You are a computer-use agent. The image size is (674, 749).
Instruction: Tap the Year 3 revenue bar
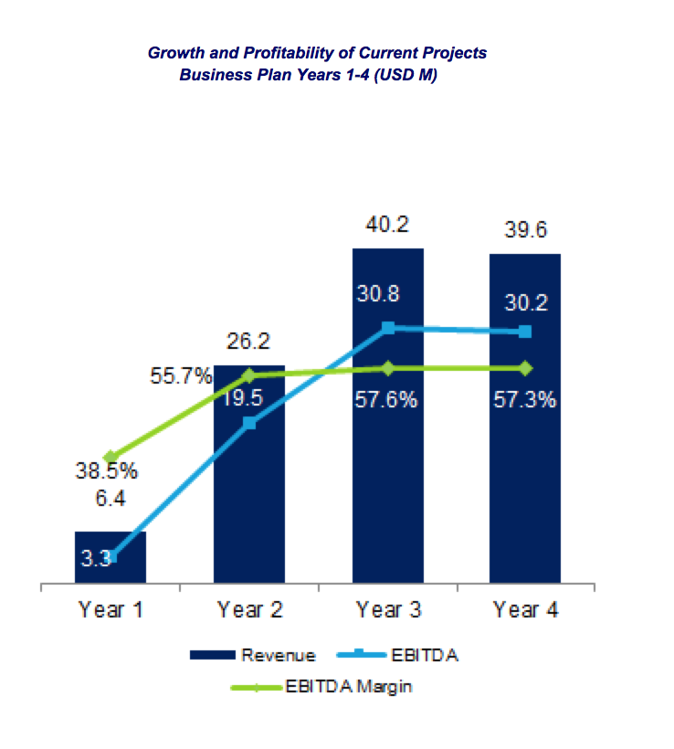click(388, 457)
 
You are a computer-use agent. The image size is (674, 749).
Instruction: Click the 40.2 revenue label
click(388, 225)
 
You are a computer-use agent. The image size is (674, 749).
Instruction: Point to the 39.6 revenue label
click(525, 231)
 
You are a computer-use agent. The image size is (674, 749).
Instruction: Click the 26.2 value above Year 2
click(249, 342)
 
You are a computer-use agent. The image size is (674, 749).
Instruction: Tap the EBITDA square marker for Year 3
click(388, 327)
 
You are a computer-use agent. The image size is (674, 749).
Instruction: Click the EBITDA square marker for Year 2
click(249, 423)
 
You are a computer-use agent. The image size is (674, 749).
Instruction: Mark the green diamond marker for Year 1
click(111, 457)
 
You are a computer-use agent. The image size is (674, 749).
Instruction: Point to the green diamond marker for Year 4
click(525, 368)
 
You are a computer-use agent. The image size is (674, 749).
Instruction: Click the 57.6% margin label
click(388, 400)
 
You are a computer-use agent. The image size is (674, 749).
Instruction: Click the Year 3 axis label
click(388, 609)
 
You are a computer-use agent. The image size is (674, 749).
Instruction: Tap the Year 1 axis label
click(111, 609)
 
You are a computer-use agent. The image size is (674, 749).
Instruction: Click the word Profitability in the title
click(266, 53)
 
